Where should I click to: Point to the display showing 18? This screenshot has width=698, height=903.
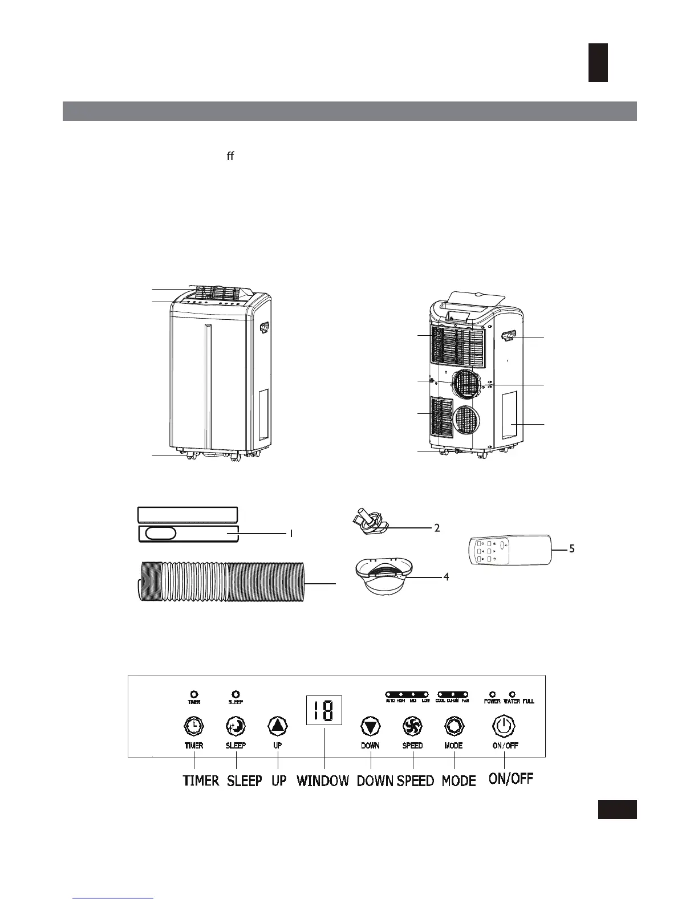click(324, 710)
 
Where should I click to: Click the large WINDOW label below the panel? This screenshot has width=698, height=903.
click(323, 780)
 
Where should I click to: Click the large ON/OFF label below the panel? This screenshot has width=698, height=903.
click(511, 779)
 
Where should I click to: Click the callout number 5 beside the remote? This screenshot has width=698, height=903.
click(571, 548)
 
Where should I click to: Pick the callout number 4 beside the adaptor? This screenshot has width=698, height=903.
click(447, 577)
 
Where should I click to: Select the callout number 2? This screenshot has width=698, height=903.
click(437, 528)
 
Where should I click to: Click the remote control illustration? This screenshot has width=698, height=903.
click(510, 550)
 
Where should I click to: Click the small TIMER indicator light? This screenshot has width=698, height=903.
click(194, 694)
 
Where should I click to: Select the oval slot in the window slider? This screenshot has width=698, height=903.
click(160, 534)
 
